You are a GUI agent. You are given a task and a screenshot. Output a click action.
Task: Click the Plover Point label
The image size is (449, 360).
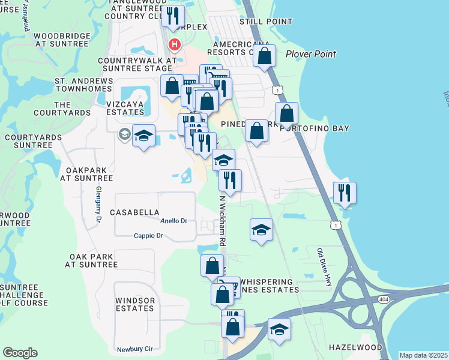310,54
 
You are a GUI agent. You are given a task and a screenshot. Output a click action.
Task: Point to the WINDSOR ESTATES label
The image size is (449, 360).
135,304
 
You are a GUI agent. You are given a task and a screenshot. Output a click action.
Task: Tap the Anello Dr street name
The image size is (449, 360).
174,221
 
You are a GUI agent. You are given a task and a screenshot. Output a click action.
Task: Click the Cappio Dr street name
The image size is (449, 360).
148,236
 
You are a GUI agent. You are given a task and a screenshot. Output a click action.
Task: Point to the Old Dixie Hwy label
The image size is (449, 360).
324,266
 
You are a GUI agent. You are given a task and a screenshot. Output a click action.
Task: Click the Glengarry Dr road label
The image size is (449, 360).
98,202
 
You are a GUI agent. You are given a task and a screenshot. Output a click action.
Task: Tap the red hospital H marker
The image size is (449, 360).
174,44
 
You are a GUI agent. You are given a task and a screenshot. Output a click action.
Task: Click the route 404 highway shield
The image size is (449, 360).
383,299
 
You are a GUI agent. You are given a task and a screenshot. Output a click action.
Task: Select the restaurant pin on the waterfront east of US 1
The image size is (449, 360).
345,193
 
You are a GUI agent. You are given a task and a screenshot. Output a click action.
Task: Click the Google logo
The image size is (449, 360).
20,352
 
